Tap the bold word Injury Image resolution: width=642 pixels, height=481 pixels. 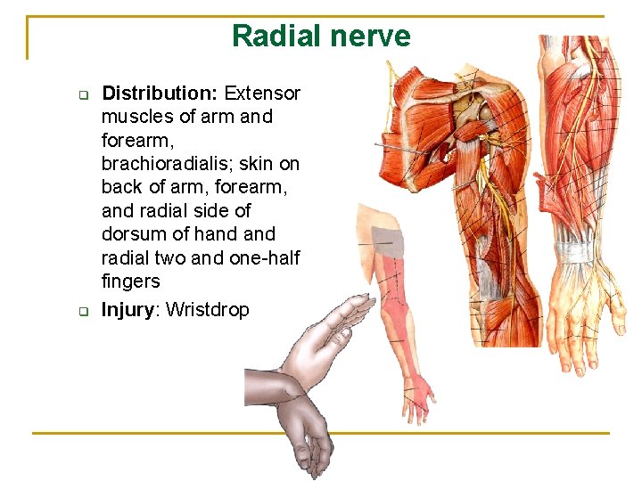click(x=130, y=310)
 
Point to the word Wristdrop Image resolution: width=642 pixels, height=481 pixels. click(x=208, y=310)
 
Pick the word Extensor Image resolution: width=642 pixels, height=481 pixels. click(x=262, y=94)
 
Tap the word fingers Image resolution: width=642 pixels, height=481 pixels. click(x=131, y=281)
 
